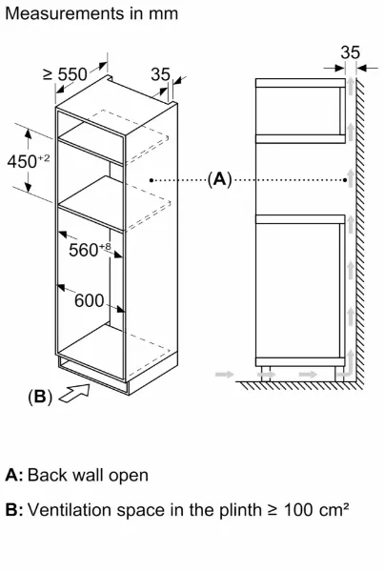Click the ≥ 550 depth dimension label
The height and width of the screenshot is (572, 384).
(x=66, y=74)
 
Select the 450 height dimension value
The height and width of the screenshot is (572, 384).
(x=23, y=162)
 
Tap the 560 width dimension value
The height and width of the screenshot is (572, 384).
(x=84, y=250)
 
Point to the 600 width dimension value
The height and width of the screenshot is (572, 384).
(x=89, y=301)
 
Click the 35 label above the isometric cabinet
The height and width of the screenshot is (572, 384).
(x=160, y=74)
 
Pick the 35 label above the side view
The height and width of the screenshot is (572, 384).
(x=350, y=52)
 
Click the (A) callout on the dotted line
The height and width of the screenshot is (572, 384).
(x=219, y=179)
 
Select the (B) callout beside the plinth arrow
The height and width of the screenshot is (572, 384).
(x=40, y=397)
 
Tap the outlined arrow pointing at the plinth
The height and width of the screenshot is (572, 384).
(x=74, y=394)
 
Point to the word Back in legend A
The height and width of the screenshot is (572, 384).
(x=48, y=476)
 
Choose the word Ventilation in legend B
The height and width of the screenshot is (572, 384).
(x=70, y=510)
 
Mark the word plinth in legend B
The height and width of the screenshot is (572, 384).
(x=240, y=511)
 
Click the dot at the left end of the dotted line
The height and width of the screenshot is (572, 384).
(x=152, y=180)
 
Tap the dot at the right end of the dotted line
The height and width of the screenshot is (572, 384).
(x=345, y=179)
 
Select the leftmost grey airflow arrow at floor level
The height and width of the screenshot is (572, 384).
(x=224, y=375)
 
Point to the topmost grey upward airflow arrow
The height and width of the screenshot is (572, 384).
(x=351, y=86)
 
